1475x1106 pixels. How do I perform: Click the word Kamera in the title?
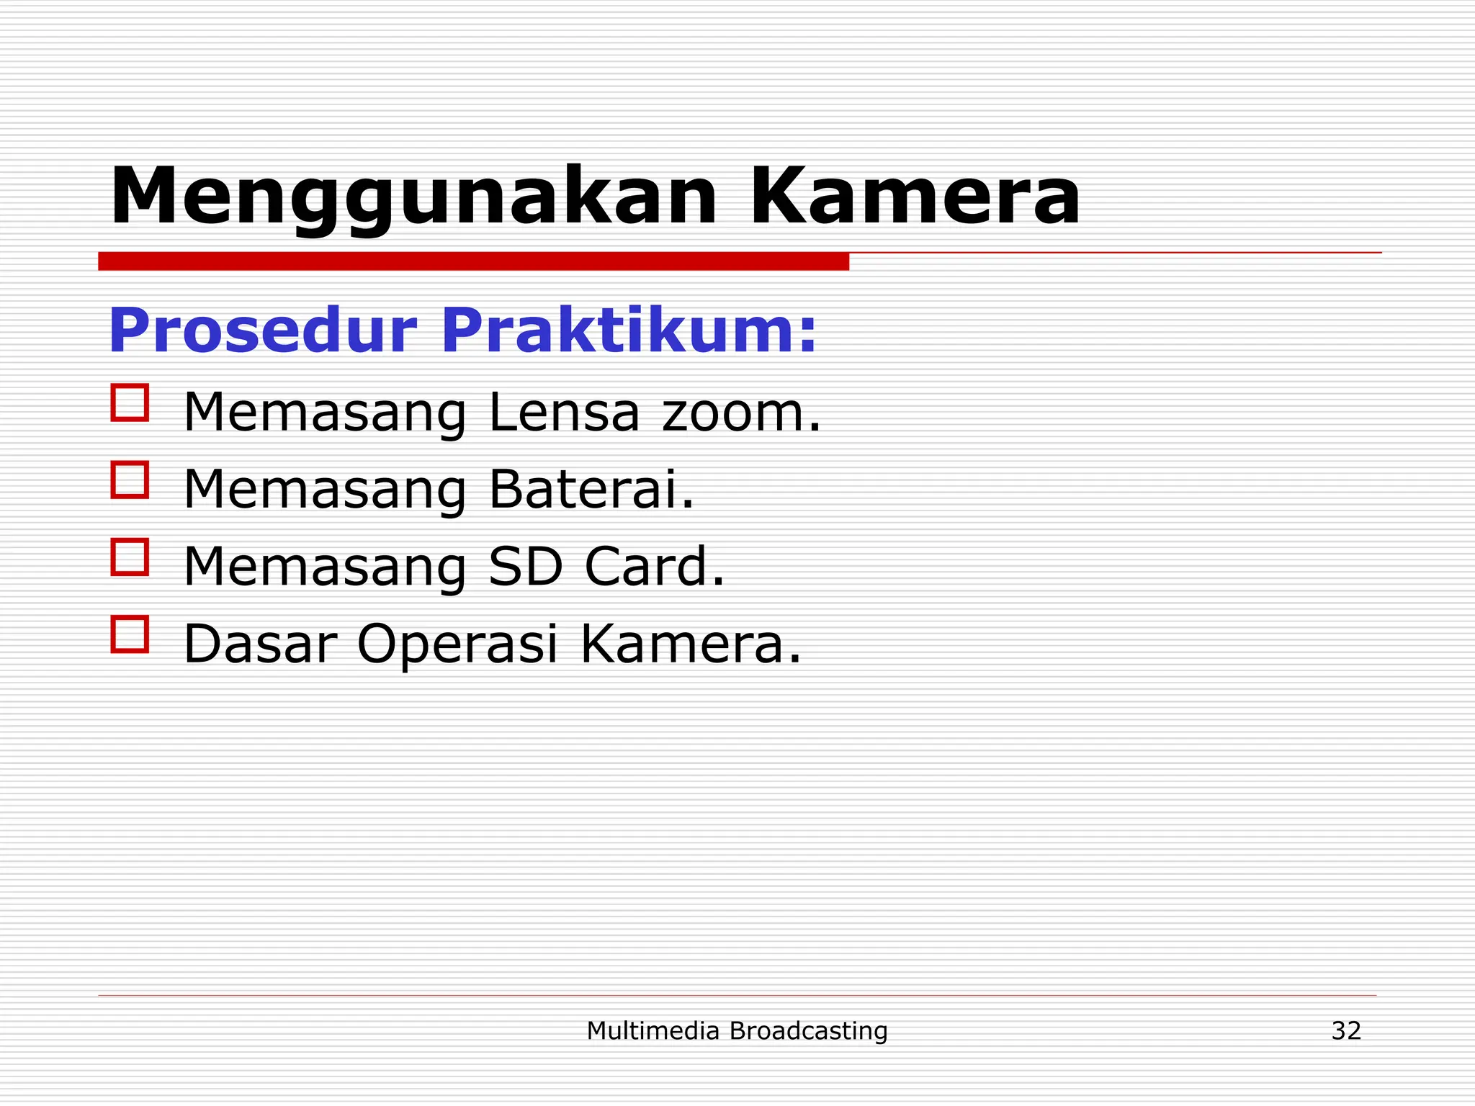(x=915, y=196)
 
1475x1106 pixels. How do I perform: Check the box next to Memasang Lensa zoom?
(x=130, y=402)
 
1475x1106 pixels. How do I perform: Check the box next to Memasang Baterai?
(x=130, y=480)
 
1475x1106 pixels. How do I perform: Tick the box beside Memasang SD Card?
(x=130, y=557)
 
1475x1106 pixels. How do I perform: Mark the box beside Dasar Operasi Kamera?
(x=130, y=634)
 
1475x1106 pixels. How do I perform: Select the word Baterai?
(x=591, y=490)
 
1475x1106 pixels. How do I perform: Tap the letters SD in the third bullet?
(x=525, y=567)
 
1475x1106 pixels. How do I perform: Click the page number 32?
(x=1345, y=1030)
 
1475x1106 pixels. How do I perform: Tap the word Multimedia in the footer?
(x=653, y=1030)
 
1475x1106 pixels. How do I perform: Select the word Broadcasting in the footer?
(x=808, y=1031)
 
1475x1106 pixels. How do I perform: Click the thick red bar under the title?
(x=473, y=261)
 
